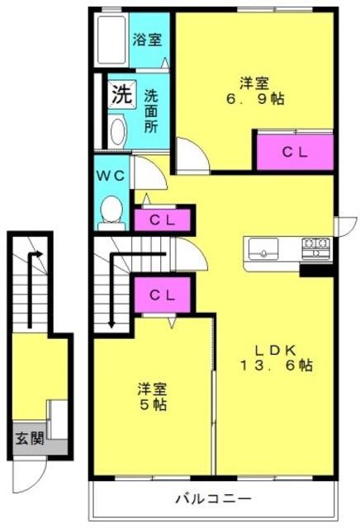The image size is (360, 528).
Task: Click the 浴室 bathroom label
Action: pos(147,40)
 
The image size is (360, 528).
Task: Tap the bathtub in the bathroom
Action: pos(111,39)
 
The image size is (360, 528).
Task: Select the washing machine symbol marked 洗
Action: pos(122,94)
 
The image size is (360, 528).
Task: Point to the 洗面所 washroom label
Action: pos(151,111)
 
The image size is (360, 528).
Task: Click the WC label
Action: pos(111,176)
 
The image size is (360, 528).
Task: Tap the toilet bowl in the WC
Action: pos(111,209)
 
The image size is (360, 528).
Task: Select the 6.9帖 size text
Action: pos(255,99)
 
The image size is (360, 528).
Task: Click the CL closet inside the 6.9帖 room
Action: pos(295,152)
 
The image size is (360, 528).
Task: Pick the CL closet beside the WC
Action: pos(163,220)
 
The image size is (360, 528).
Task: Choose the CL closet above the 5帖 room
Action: pos(163,295)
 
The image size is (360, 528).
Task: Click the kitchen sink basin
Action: pos(263,249)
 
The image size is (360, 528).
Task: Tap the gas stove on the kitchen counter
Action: pos(316,248)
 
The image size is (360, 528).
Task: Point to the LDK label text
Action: pos(276,351)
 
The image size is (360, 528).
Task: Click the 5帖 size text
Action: pos(154,404)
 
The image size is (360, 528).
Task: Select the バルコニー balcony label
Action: pos(213,498)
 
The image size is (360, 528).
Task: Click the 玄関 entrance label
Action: pos(30,438)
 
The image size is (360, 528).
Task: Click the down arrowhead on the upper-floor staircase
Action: pos(111,324)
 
